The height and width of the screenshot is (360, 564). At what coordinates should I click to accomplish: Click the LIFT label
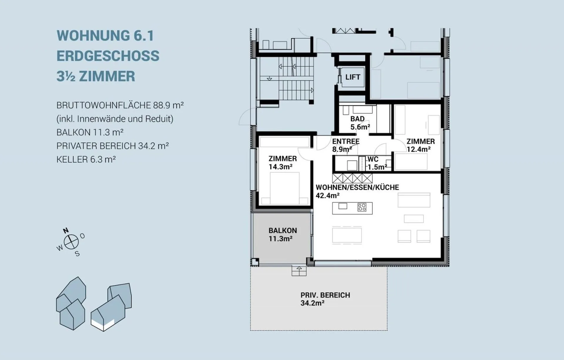[352, 77]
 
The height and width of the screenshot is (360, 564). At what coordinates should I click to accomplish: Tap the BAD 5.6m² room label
[360, 123]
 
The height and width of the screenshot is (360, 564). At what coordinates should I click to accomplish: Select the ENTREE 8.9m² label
[346, 145]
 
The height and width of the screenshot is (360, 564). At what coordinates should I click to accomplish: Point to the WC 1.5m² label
[377, 163]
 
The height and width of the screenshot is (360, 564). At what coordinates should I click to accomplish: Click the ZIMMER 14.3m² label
[283, 163]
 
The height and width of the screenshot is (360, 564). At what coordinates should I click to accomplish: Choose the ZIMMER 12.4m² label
[421, 145]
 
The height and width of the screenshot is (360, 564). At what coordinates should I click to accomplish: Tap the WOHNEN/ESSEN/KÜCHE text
[357, 187]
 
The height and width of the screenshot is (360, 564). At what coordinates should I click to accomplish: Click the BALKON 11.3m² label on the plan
[283, 235]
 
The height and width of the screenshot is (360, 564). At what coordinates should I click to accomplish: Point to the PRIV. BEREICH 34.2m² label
[325, 299]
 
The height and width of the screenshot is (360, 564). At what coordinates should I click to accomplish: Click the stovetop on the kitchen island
[362, 207]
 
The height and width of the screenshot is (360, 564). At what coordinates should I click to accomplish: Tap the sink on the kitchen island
[343, 206]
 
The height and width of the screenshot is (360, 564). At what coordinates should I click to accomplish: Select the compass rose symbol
[71, 242]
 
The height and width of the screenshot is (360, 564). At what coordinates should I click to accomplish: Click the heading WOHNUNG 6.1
[105, 36]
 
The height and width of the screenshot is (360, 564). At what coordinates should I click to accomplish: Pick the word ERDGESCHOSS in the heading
[108, 56]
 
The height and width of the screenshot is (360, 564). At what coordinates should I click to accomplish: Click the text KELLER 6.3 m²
[86, 159]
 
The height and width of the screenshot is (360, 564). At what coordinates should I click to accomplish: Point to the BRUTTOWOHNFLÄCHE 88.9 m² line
[120, 105]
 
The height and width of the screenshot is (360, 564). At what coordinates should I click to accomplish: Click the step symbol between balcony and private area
[299, 271]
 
